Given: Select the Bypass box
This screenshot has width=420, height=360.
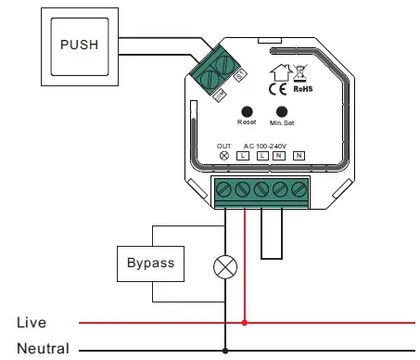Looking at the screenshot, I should pos(150,263).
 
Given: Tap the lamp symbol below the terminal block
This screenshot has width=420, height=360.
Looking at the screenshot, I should pos(224,269).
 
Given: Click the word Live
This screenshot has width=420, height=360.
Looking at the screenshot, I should pos(32,323).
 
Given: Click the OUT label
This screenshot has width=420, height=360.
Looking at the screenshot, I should pos(223,146).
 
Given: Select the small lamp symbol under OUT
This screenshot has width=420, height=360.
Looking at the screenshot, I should pos(223,157).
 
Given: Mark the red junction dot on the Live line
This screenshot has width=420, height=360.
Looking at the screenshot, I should pos(244,323).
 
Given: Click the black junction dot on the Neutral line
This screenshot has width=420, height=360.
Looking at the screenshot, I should pos(224,352).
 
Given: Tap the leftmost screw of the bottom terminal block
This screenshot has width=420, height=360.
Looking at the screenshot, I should pos(225,190).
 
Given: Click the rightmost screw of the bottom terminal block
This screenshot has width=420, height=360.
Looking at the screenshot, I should pos(299,190).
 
